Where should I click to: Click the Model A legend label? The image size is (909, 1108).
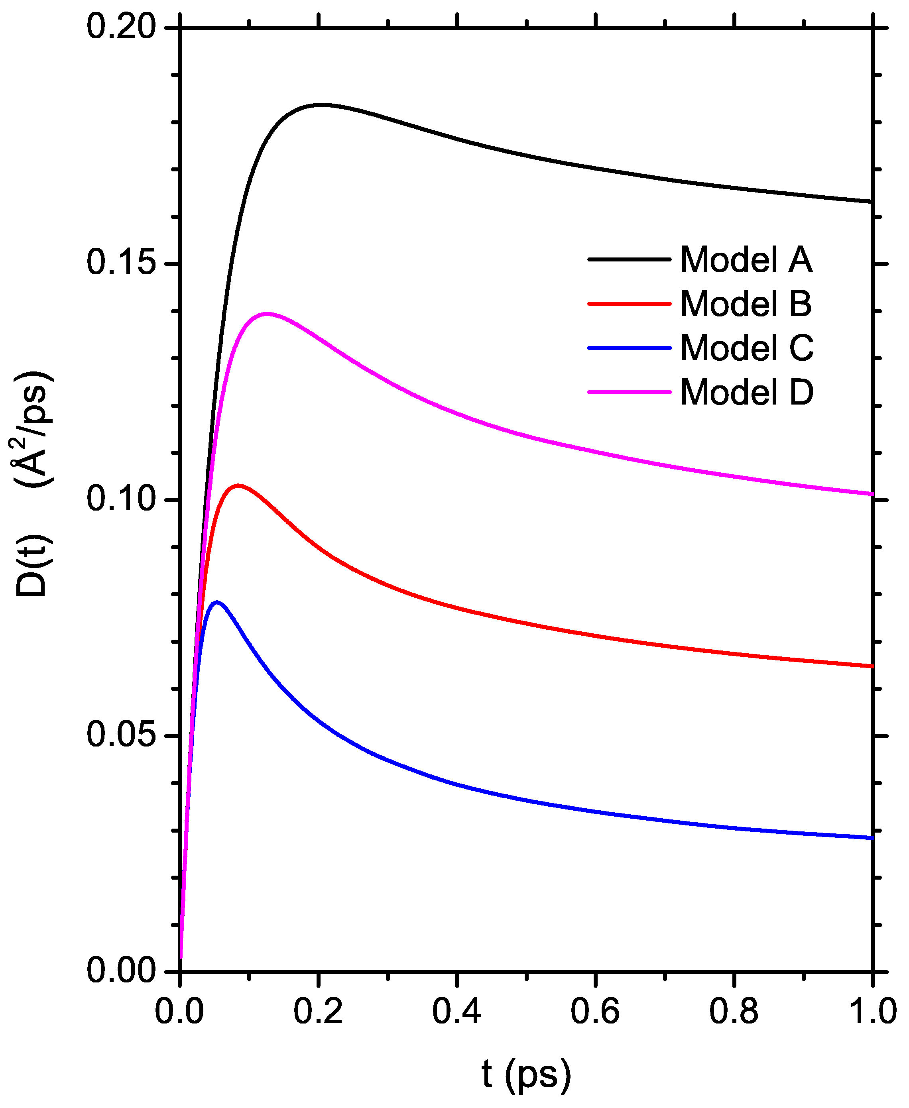746,259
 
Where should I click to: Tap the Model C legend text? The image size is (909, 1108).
747,348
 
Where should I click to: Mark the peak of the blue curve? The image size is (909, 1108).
216,602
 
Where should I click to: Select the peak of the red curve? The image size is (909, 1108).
239,485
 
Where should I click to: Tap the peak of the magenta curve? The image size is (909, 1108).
268,314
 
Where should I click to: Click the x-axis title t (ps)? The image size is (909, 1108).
525,1074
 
